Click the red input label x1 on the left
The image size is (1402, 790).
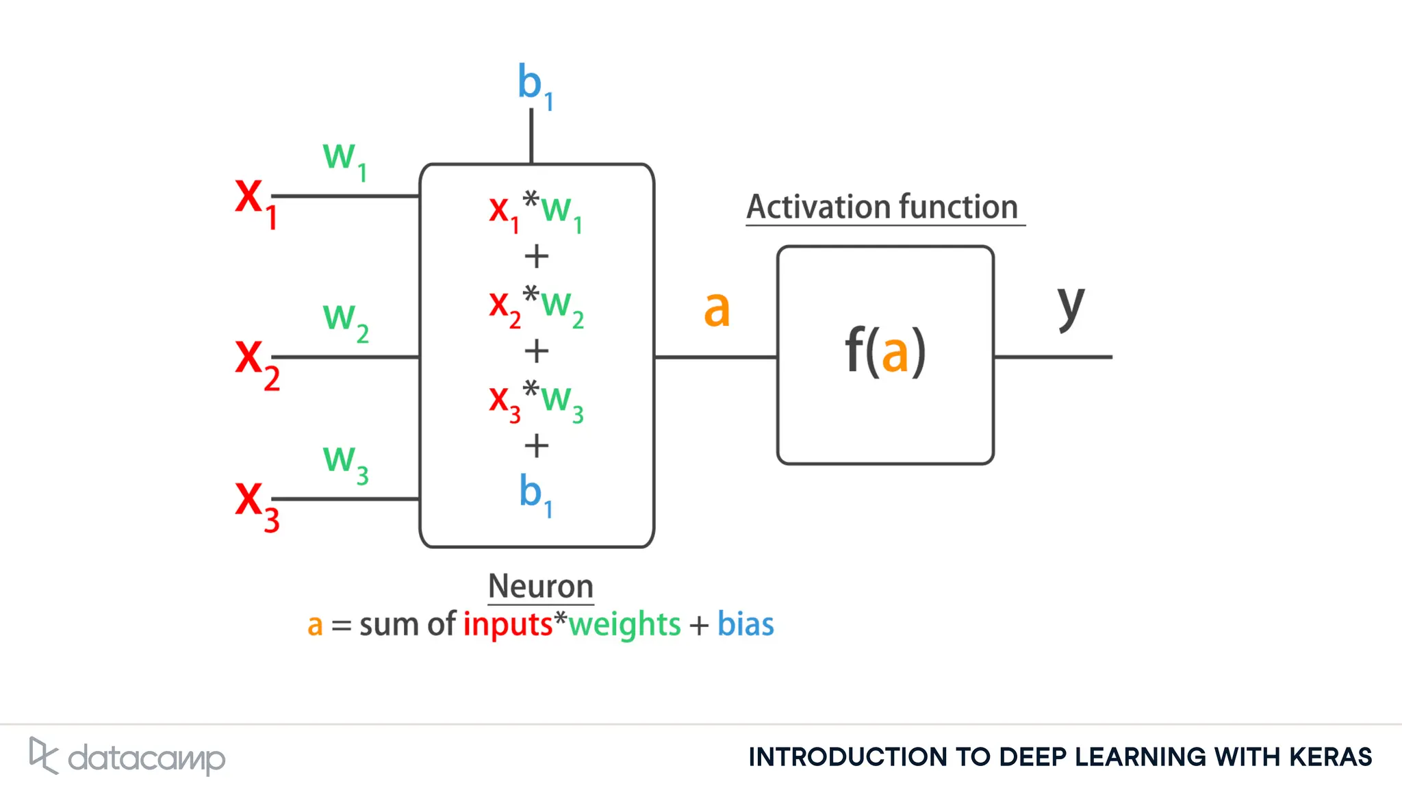255,201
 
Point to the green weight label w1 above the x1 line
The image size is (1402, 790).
344,160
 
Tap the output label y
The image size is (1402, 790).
1071,307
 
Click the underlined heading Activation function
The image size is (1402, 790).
882,207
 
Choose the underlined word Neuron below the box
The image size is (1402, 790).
540,587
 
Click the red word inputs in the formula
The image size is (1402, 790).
507,624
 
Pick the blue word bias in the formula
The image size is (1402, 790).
745,624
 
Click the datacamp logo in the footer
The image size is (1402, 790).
127,757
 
